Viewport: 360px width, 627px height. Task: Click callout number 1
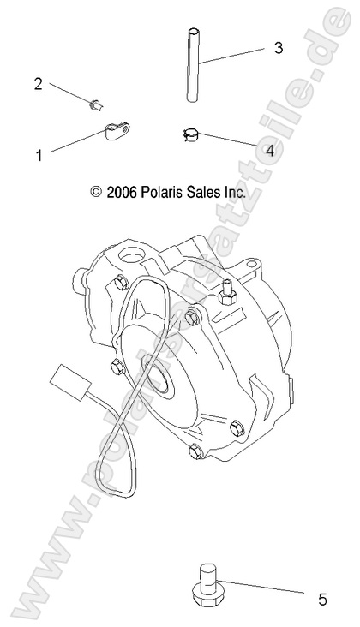(x=39, y=155)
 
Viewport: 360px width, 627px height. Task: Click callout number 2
(x=38, y=83)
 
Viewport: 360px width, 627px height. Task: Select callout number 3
(x=279, y=48)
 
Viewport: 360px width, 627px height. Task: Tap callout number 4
(x=270, y=151)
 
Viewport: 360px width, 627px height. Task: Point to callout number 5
(x=322, y=600)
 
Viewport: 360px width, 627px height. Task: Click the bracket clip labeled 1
(x=115, y=133)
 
